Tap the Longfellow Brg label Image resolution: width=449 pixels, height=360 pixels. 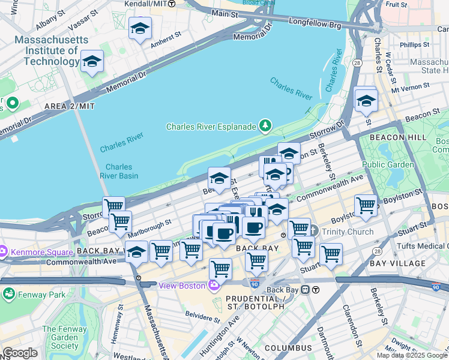[323, 26]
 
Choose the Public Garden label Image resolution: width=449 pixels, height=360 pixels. [388, 164]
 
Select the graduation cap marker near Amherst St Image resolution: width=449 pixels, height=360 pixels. [140, 28]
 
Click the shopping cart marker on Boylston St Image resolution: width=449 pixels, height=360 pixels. [366, 205]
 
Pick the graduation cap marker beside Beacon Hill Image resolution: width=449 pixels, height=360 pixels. [366, 100]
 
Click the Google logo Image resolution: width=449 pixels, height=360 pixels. [20, 353]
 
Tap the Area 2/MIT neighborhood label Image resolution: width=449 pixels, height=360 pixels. [70, 106]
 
